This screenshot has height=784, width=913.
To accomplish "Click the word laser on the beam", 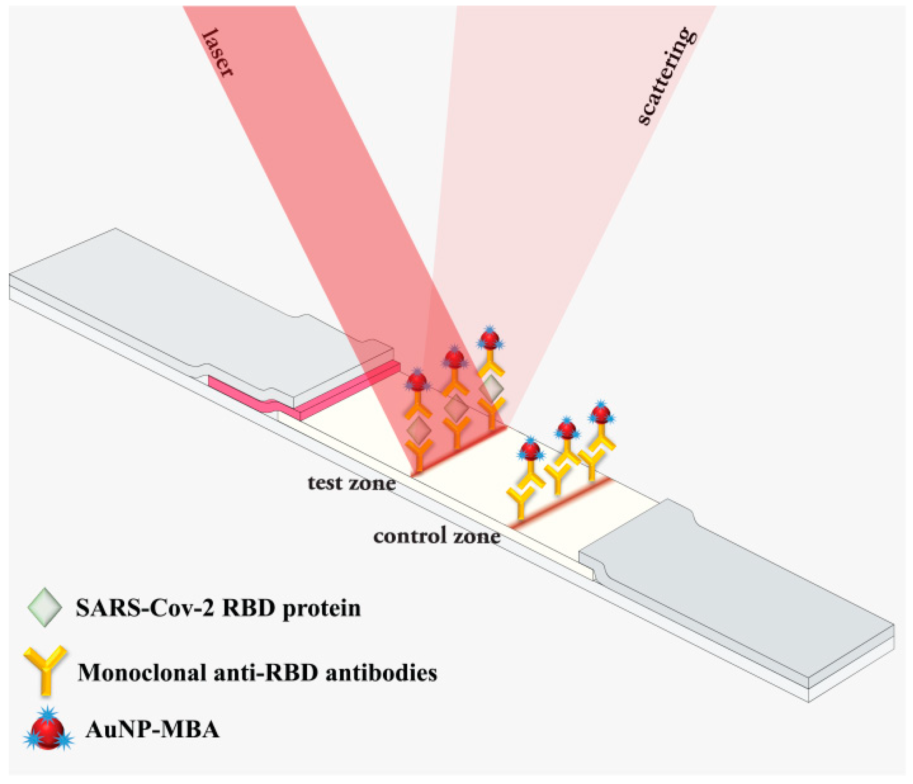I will tap(217, 52).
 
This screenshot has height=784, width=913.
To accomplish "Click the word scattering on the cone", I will tap(667, 77).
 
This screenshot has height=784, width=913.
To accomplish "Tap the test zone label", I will tap(352, 483).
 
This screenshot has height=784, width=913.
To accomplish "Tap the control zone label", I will tap(437, 536).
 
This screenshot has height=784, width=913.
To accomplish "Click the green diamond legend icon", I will tap(44, 607).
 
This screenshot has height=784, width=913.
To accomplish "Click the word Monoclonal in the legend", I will tap(142, 672).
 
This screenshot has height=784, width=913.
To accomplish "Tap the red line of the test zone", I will tap(459, 452).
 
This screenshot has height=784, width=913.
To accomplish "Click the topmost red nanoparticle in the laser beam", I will tap(489, 338).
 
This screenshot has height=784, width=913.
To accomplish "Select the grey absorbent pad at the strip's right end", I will tap(736, 591).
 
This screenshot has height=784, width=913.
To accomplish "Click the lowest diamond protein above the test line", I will tap(418, 430).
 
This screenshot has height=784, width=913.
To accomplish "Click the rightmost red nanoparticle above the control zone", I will tap(601, 413).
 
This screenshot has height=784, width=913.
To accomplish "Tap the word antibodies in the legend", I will tap(381, 672).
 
